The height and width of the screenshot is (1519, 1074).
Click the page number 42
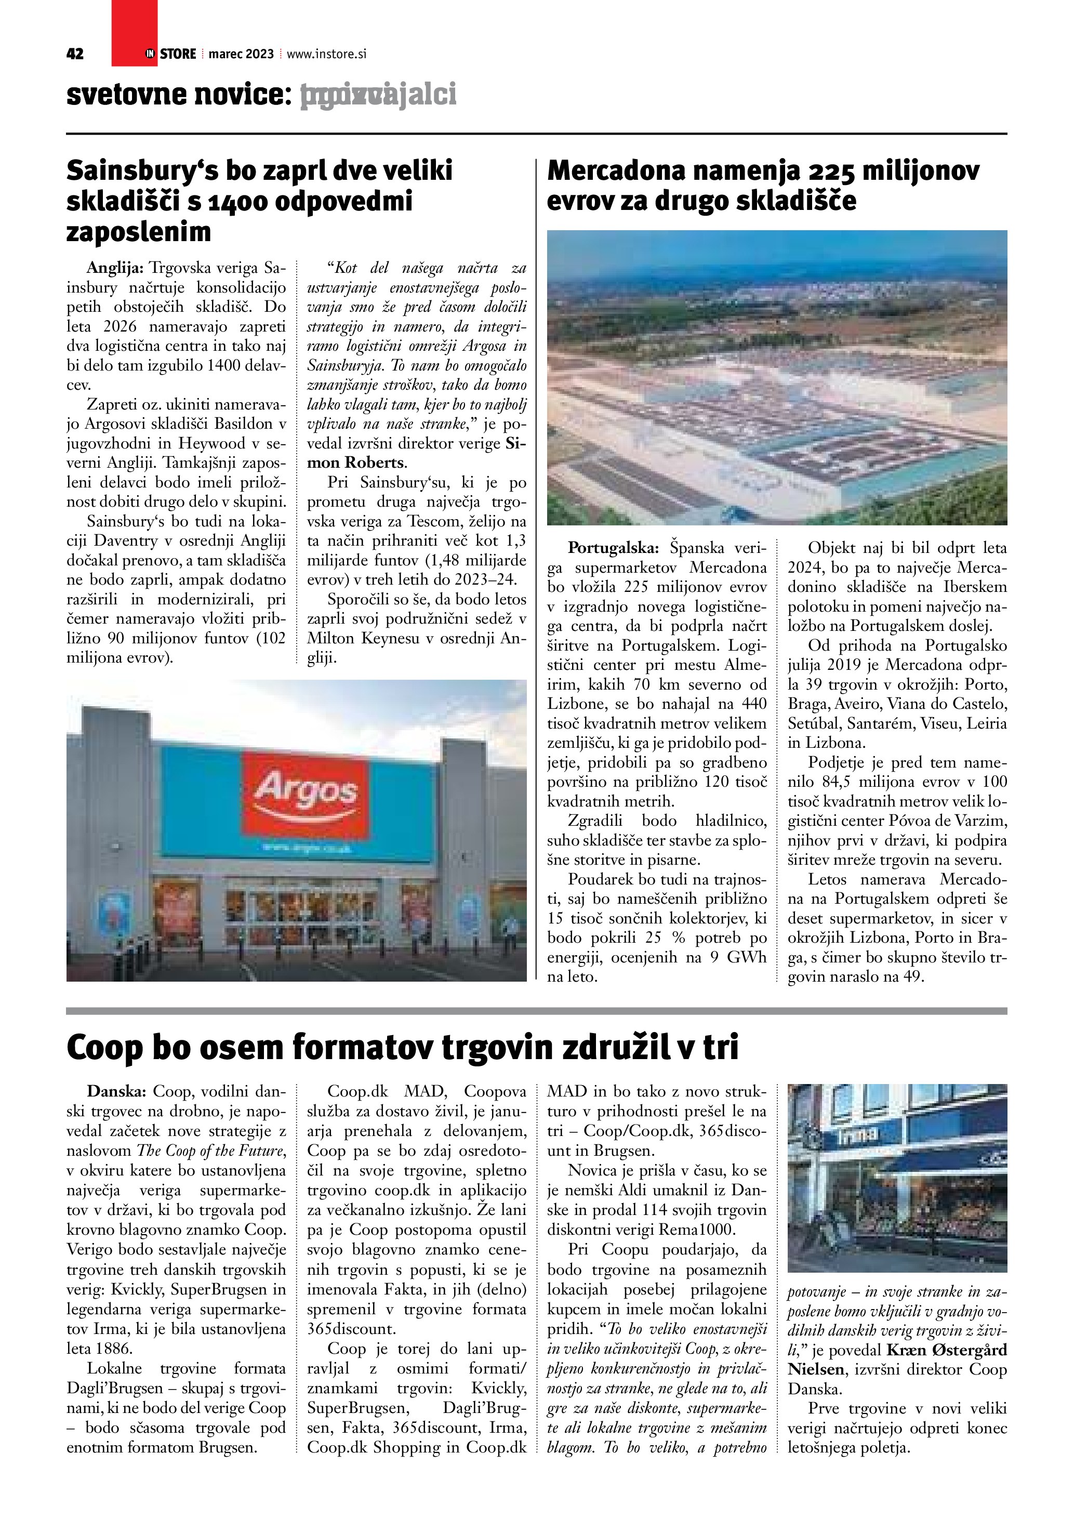75,54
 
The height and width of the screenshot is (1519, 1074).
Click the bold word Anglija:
115,268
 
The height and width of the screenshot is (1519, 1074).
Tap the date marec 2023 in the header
241,54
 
